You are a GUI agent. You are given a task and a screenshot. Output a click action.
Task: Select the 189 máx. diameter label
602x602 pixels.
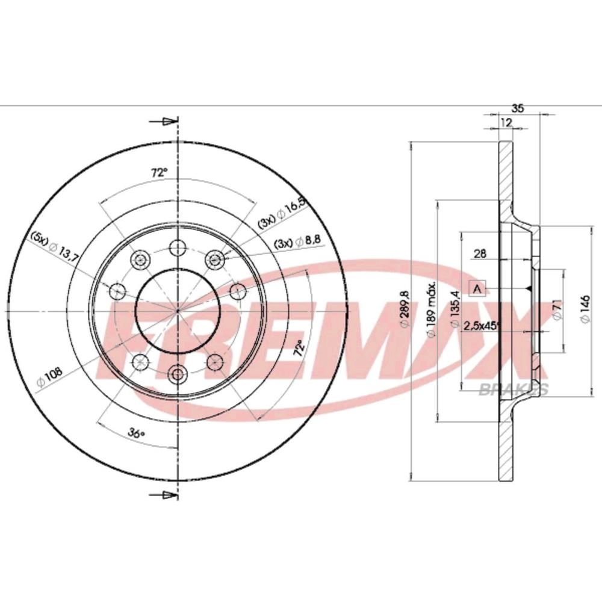tap(432, 309)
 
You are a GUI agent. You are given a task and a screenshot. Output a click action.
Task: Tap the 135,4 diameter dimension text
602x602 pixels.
tap(455, 309)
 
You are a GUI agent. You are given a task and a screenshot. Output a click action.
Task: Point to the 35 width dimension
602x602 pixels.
tap(518, 108)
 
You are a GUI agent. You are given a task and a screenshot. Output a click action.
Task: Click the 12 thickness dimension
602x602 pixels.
tap(507, 122)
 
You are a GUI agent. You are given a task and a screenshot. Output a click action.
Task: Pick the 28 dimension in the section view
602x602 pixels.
tap(480, 253)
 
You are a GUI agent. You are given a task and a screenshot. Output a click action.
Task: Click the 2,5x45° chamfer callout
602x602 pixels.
tap(482, 326)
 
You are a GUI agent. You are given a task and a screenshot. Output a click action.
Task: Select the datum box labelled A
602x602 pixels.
tap(477, 288)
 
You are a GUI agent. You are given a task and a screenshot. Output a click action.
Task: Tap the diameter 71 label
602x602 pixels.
tap(559, 309)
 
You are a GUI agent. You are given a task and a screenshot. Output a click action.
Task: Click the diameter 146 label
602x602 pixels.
tap(585, 309)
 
